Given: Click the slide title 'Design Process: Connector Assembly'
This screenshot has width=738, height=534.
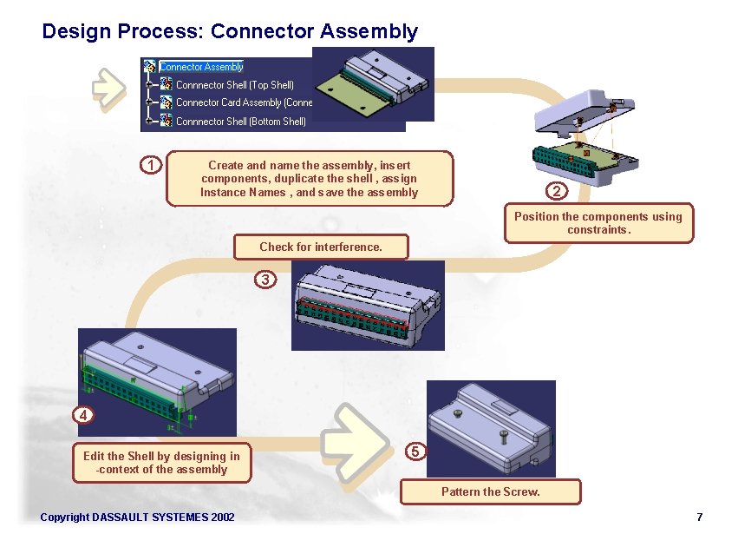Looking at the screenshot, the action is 230,31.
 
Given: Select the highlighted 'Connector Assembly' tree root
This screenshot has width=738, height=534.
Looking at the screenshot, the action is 201,67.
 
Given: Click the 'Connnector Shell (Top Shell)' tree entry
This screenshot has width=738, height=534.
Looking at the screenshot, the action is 235,85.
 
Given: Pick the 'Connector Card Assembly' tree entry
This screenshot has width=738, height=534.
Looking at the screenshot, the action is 244,102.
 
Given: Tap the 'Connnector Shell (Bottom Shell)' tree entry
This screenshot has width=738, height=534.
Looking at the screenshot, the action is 240,122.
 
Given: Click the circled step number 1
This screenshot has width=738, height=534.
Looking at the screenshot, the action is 151,166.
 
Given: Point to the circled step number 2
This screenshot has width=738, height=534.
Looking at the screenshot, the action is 557,191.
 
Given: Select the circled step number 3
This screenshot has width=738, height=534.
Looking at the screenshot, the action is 265,280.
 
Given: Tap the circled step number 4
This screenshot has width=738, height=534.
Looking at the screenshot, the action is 83,415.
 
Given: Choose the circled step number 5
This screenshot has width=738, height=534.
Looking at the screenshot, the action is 415,452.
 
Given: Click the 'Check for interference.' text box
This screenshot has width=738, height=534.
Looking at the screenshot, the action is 321,247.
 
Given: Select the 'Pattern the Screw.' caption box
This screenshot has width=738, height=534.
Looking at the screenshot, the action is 491,492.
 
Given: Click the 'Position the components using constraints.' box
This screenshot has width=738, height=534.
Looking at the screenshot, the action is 598,223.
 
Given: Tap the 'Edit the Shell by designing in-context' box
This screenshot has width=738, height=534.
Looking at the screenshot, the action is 161,463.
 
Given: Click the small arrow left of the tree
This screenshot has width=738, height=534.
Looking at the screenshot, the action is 108,89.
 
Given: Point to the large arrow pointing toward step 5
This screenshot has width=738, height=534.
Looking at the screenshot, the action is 356,443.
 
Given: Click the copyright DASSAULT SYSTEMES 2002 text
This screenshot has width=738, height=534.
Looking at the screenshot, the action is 137,518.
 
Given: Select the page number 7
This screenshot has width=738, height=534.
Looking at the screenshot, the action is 700,517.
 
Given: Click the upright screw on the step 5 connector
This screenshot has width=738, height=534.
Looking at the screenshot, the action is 504,437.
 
